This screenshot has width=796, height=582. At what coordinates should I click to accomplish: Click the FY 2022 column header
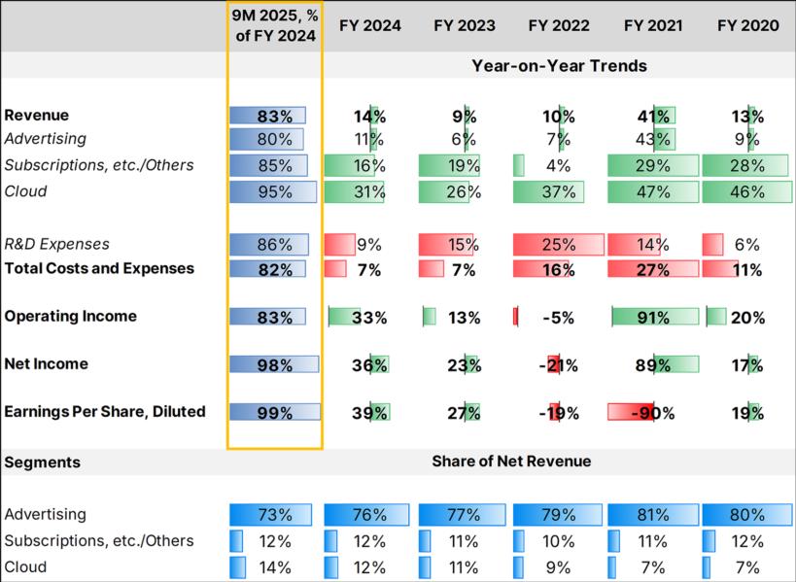point(559,26)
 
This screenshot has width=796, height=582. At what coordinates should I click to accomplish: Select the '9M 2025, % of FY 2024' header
point(275,26)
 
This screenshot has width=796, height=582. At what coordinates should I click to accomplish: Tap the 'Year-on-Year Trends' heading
point(559,66)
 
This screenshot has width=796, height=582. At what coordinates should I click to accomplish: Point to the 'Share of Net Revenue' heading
point(511,462)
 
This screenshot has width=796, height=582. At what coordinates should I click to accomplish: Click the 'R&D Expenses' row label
point(56,245)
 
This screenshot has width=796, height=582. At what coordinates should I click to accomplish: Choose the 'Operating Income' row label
point(70,317)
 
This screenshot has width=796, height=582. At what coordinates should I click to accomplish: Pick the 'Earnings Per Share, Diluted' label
point(104,412)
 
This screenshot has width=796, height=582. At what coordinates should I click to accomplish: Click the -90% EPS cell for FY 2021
point(653,413)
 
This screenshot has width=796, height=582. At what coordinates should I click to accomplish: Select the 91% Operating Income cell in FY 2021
point(653,318)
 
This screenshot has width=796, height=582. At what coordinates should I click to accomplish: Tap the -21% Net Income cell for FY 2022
point(559,365)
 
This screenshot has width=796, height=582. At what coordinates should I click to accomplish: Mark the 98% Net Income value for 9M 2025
point(275,365)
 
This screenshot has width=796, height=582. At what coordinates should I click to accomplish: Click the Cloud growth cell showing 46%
point(747,192)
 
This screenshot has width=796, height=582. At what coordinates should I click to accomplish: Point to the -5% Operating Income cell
point(559,318)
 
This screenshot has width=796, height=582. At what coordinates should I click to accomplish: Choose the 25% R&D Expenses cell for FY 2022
point(559,245)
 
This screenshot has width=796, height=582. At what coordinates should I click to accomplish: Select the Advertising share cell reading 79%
point(559,515)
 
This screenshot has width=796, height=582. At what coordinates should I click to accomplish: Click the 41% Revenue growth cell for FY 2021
point(653,117)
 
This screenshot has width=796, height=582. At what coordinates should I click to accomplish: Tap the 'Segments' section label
point(42,462)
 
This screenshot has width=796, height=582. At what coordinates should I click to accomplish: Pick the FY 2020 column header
point(747,26)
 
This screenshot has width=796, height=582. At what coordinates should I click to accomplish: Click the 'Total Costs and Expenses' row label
point(98,268)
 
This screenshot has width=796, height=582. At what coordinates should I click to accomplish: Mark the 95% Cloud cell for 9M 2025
point(275,192)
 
